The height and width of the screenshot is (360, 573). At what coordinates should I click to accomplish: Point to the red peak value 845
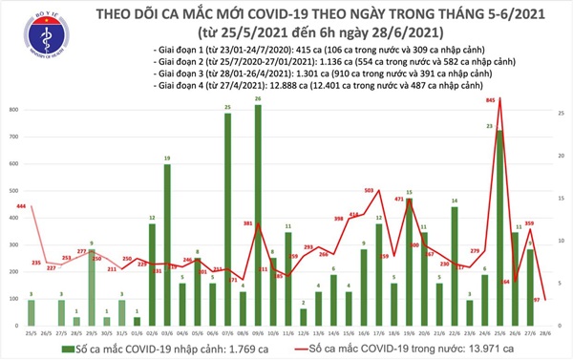pyautogui.click(x=490, y=98)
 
